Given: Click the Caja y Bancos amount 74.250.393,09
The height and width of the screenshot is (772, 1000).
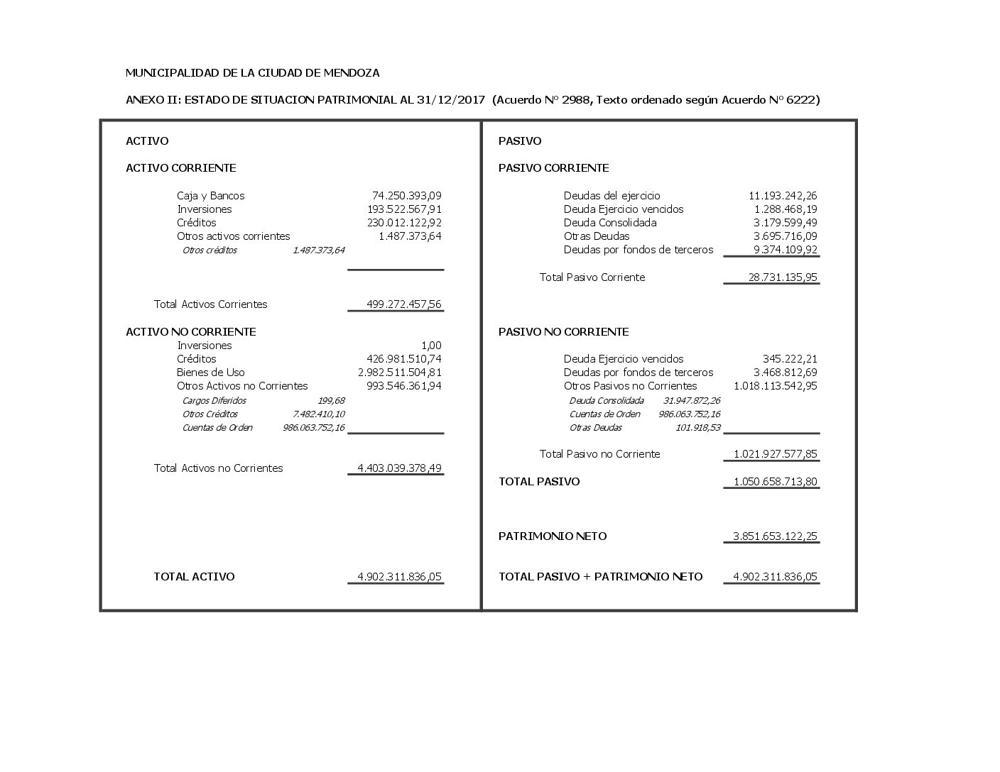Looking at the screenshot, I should click(406, 196).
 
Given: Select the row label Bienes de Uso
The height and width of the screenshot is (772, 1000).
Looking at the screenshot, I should click(210, 373).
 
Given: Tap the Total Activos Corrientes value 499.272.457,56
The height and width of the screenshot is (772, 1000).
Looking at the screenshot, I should click(403, 304).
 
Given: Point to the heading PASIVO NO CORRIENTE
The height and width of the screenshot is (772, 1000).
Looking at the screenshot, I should click(563, 332).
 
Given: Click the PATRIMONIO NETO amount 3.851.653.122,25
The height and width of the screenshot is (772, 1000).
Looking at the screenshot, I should click(775, 536).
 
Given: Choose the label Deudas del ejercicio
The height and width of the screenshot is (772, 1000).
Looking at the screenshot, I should click(612, 196).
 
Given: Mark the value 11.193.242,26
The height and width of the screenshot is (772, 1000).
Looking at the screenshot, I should click(783, 196).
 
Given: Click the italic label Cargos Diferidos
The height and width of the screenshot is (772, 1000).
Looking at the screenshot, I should click(214, 401).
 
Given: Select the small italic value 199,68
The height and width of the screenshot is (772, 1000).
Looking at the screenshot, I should click(331, 401).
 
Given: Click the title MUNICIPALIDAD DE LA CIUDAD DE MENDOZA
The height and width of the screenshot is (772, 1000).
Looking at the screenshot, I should click(252, 73).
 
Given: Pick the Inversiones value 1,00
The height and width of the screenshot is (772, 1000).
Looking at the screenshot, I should click(431, 346).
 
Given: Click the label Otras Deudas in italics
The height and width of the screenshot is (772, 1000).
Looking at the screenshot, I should click(595, 428).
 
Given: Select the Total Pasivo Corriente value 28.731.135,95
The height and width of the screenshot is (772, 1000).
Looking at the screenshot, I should click(782, 277).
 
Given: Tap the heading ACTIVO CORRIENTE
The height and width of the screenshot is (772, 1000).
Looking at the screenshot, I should click(180, 168).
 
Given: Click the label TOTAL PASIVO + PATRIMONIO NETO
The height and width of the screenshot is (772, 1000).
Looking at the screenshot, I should click(600, 577).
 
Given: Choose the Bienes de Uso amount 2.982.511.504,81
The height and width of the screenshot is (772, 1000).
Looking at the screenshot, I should click(399, 373).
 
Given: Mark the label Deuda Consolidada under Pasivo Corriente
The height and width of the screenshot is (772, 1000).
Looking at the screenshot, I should click(609, 223).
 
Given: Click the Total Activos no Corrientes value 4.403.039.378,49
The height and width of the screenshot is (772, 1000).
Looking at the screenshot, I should click(399, 468).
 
